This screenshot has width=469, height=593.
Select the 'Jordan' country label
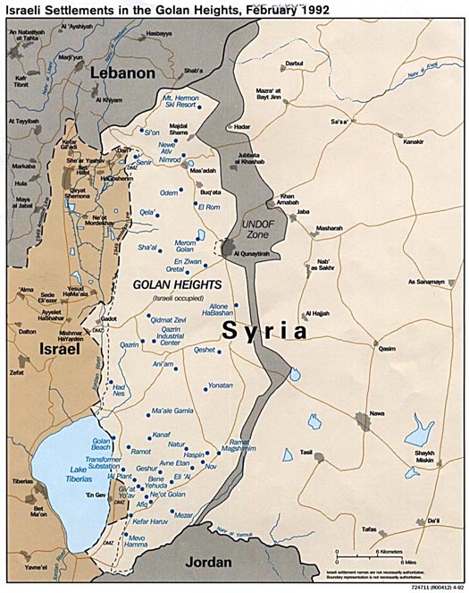point(214,563)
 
